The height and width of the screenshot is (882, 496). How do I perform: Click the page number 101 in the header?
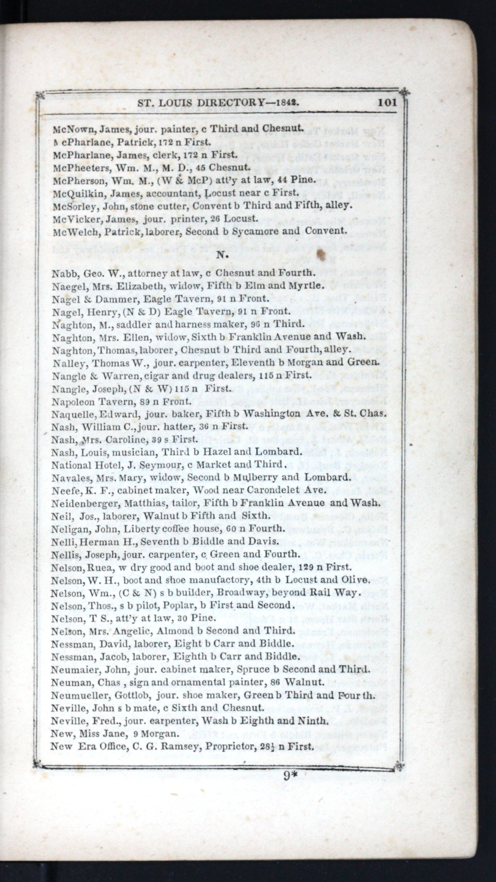[x=387, y=102]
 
